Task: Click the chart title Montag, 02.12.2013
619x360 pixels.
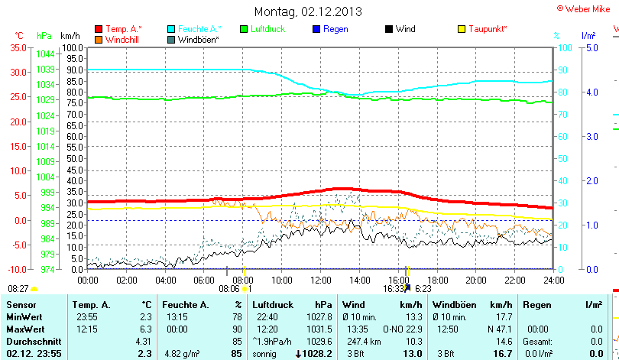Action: click(x=308, y=11)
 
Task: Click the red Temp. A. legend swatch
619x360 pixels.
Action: click(x=99, y=29)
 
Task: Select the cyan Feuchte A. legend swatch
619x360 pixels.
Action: click(x=171, y=29)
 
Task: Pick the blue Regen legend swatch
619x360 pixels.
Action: click(x=316, y=29)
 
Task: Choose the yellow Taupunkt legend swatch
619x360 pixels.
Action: click(x=462, y=29)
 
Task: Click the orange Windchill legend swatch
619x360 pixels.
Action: click(x=99, y=39)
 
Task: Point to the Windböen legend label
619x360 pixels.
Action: click(x=199, y=39)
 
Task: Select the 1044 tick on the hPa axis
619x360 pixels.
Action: click(x=45, y=54)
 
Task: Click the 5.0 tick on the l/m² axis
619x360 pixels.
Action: click(x=591, y=47)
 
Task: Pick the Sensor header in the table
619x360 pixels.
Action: click(x=21, y=305)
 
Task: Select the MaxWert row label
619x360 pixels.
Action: click(x=25, y=329)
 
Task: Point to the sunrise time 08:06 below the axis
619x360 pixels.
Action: click(x=228, y=289)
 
